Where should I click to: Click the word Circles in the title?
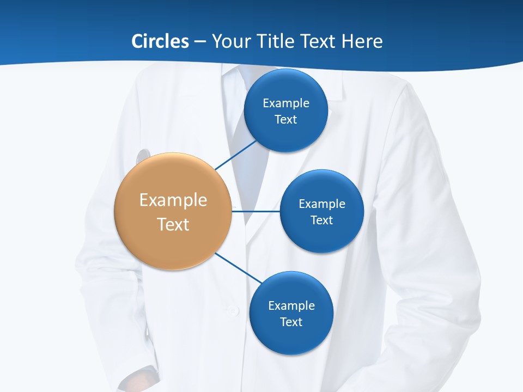point(160,41)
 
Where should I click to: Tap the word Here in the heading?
point(362,41)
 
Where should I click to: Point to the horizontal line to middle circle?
point(256,211)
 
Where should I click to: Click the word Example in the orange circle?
point(173,200)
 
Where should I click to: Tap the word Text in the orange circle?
point(173,224)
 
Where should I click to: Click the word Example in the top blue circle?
point(286,103)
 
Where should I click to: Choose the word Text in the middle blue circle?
point(322,220)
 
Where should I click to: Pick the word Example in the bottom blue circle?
point(291,305)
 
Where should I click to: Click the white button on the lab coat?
point(234,310)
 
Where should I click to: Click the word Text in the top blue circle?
point(286,119)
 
